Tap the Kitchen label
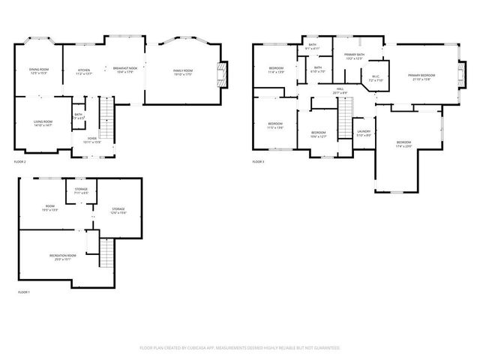83,71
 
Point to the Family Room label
183,71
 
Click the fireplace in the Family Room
220,72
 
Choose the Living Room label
42,123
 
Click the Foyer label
91,140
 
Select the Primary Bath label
354,56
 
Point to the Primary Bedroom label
421,76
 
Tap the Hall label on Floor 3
340,91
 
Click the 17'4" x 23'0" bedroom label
403,144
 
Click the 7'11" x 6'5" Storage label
81,191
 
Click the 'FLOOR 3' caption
258,162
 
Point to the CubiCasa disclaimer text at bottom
240,348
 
